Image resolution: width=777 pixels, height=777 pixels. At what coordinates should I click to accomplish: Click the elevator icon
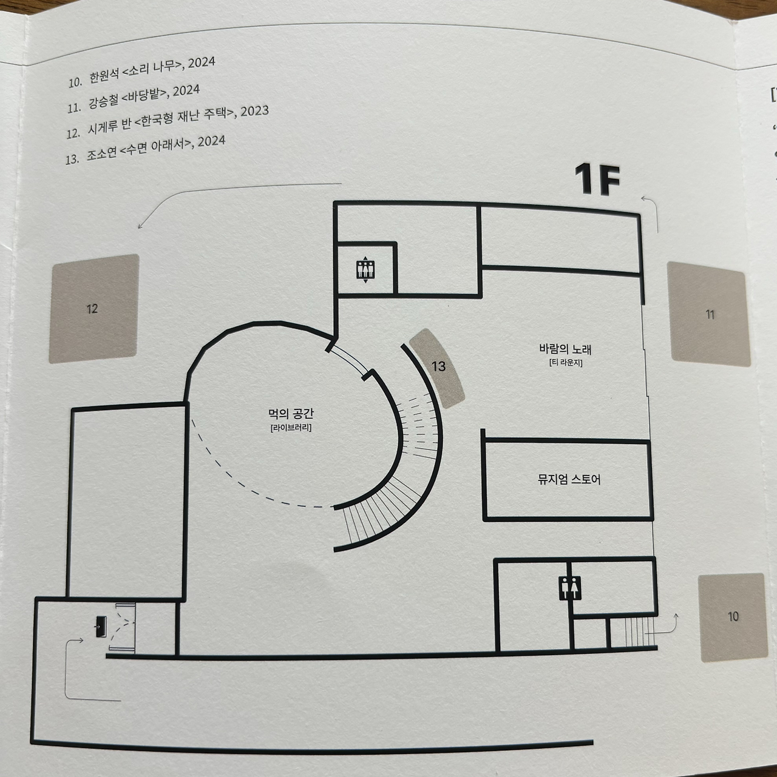pos(365,270)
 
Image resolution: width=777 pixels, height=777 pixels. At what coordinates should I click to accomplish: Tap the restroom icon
pos(569,588)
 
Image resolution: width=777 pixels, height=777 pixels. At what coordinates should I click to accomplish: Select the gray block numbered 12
pos(93,309)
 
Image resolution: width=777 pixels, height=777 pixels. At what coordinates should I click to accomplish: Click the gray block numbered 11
pos(708,314)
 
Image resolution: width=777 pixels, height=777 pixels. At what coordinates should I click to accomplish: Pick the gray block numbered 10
pos(731,617)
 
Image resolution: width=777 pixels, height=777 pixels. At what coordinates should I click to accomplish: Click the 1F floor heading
pos(597,180)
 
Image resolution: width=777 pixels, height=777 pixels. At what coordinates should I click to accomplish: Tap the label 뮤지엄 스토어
pos(569,480)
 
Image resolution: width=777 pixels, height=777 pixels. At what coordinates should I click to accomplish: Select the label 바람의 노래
pos(565,349)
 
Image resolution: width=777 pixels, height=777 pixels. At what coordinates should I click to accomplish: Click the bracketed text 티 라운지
pos(565,363)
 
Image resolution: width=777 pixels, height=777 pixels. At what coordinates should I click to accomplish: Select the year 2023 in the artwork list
pos(255,112)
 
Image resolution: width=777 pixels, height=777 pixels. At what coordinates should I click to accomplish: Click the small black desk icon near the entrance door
pos(100,625)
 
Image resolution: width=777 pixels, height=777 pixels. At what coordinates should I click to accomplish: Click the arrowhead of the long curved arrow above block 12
pos(140,227)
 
